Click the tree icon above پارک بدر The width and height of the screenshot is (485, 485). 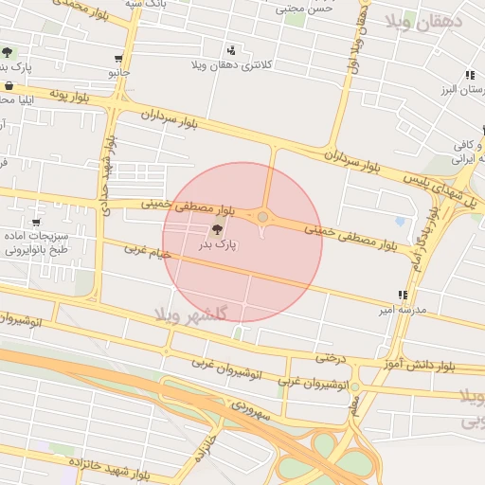(218, 228)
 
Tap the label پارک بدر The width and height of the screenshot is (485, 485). (217, 244)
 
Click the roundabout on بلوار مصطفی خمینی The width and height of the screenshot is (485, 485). (262, 218)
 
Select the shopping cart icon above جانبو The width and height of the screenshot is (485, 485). (118, 58)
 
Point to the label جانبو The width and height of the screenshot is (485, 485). (118, 72)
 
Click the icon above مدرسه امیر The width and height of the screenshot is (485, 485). (404, 295)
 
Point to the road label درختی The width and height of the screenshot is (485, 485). (327, 358)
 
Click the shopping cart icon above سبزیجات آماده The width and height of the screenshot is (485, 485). (36, 223)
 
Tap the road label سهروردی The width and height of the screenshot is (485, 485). (250, 411)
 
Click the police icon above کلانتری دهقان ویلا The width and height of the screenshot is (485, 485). (232, 50)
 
